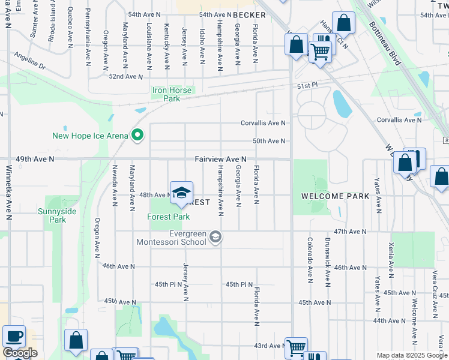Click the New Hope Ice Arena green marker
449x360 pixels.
(x=137, y=136)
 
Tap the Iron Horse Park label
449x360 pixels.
(x=172, y=94)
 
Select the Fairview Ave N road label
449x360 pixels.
(x=220, y=159)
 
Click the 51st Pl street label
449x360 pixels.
(x=306, y=86)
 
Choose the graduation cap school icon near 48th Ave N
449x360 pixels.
(x=181, y=193)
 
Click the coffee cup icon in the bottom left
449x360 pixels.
(x=14, y=337)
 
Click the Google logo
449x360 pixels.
(x=20, y=353)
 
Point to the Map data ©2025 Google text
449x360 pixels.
(x=412, y=355)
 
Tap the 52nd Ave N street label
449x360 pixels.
(x=126, y=77)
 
